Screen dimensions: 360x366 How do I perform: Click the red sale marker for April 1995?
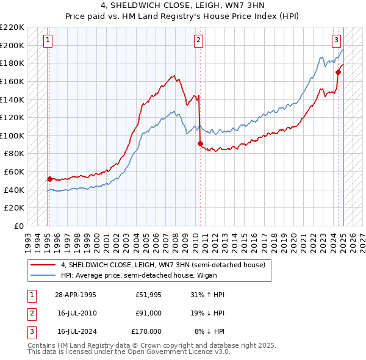pos(49,179)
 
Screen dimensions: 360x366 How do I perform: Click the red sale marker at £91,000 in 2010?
pos(200,143)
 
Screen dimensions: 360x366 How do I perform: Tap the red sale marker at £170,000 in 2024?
pos(338,72)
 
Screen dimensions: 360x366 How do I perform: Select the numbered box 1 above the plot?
pos(48,41)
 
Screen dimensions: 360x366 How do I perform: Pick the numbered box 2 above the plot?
pos(199,41)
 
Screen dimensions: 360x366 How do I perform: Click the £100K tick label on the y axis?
pos(13,135)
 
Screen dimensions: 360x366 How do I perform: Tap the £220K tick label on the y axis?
pos(13,27)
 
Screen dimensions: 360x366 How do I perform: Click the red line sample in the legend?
pos(43,265)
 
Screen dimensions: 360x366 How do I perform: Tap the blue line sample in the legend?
pos(43,275)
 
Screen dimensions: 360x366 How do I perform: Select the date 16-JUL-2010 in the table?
pos(76,313)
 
